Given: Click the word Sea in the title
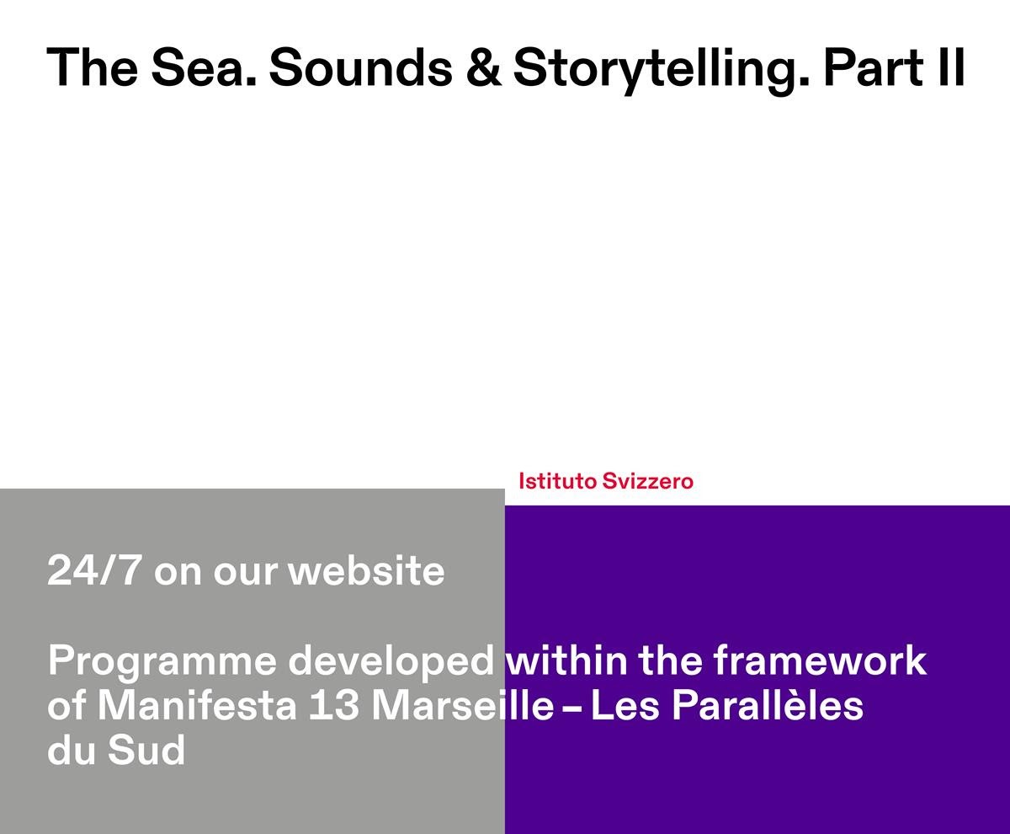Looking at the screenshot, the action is (203, 67).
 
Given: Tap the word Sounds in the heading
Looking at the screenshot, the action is (361, 67).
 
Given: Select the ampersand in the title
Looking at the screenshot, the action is (484, 67).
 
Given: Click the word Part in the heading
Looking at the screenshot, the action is (874, 67).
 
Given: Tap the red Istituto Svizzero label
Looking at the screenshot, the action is (606, 481).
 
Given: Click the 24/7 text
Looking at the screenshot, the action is (94, 570).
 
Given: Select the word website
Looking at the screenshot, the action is (366, 570).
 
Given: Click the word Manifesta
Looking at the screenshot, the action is (197, 705).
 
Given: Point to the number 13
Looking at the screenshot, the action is (334, 705).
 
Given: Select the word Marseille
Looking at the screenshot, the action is (462, 705).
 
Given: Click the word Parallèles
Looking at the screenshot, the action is (768, 705).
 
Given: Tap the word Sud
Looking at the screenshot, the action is (146, 750).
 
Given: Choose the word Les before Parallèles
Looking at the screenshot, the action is (625, 705).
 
